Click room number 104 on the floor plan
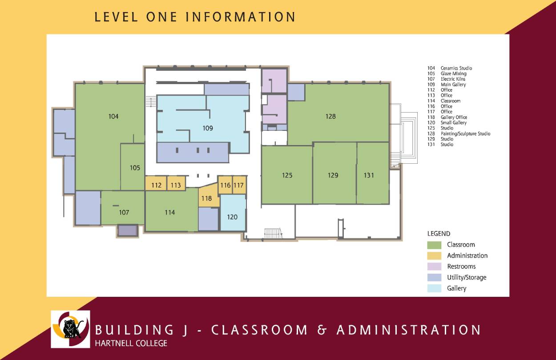(x=113, y=117)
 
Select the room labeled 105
(x=135, y=168)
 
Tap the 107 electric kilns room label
(x=124, y=213)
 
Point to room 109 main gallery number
(x=208, y=128)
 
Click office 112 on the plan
(x=156, y=185)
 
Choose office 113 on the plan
(x=176, y=185)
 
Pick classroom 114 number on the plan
(x=169, y=213)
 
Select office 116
(x=225, y=185)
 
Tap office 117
(x=239, y=185)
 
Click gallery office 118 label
(x=206, y=199)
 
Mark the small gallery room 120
(x=232, y=217)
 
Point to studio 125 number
(x=287, y=175)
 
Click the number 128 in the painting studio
(x=330, y=117)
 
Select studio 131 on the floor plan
(x=369, y=175)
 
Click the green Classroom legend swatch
(x=434, y=245)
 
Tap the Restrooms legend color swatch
(x=434, y=267)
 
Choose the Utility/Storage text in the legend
(x=467, y=277)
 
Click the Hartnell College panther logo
(x=70, y=329)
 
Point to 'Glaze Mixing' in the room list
(x=453, y=73)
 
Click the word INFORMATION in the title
(x=240, y=17)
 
